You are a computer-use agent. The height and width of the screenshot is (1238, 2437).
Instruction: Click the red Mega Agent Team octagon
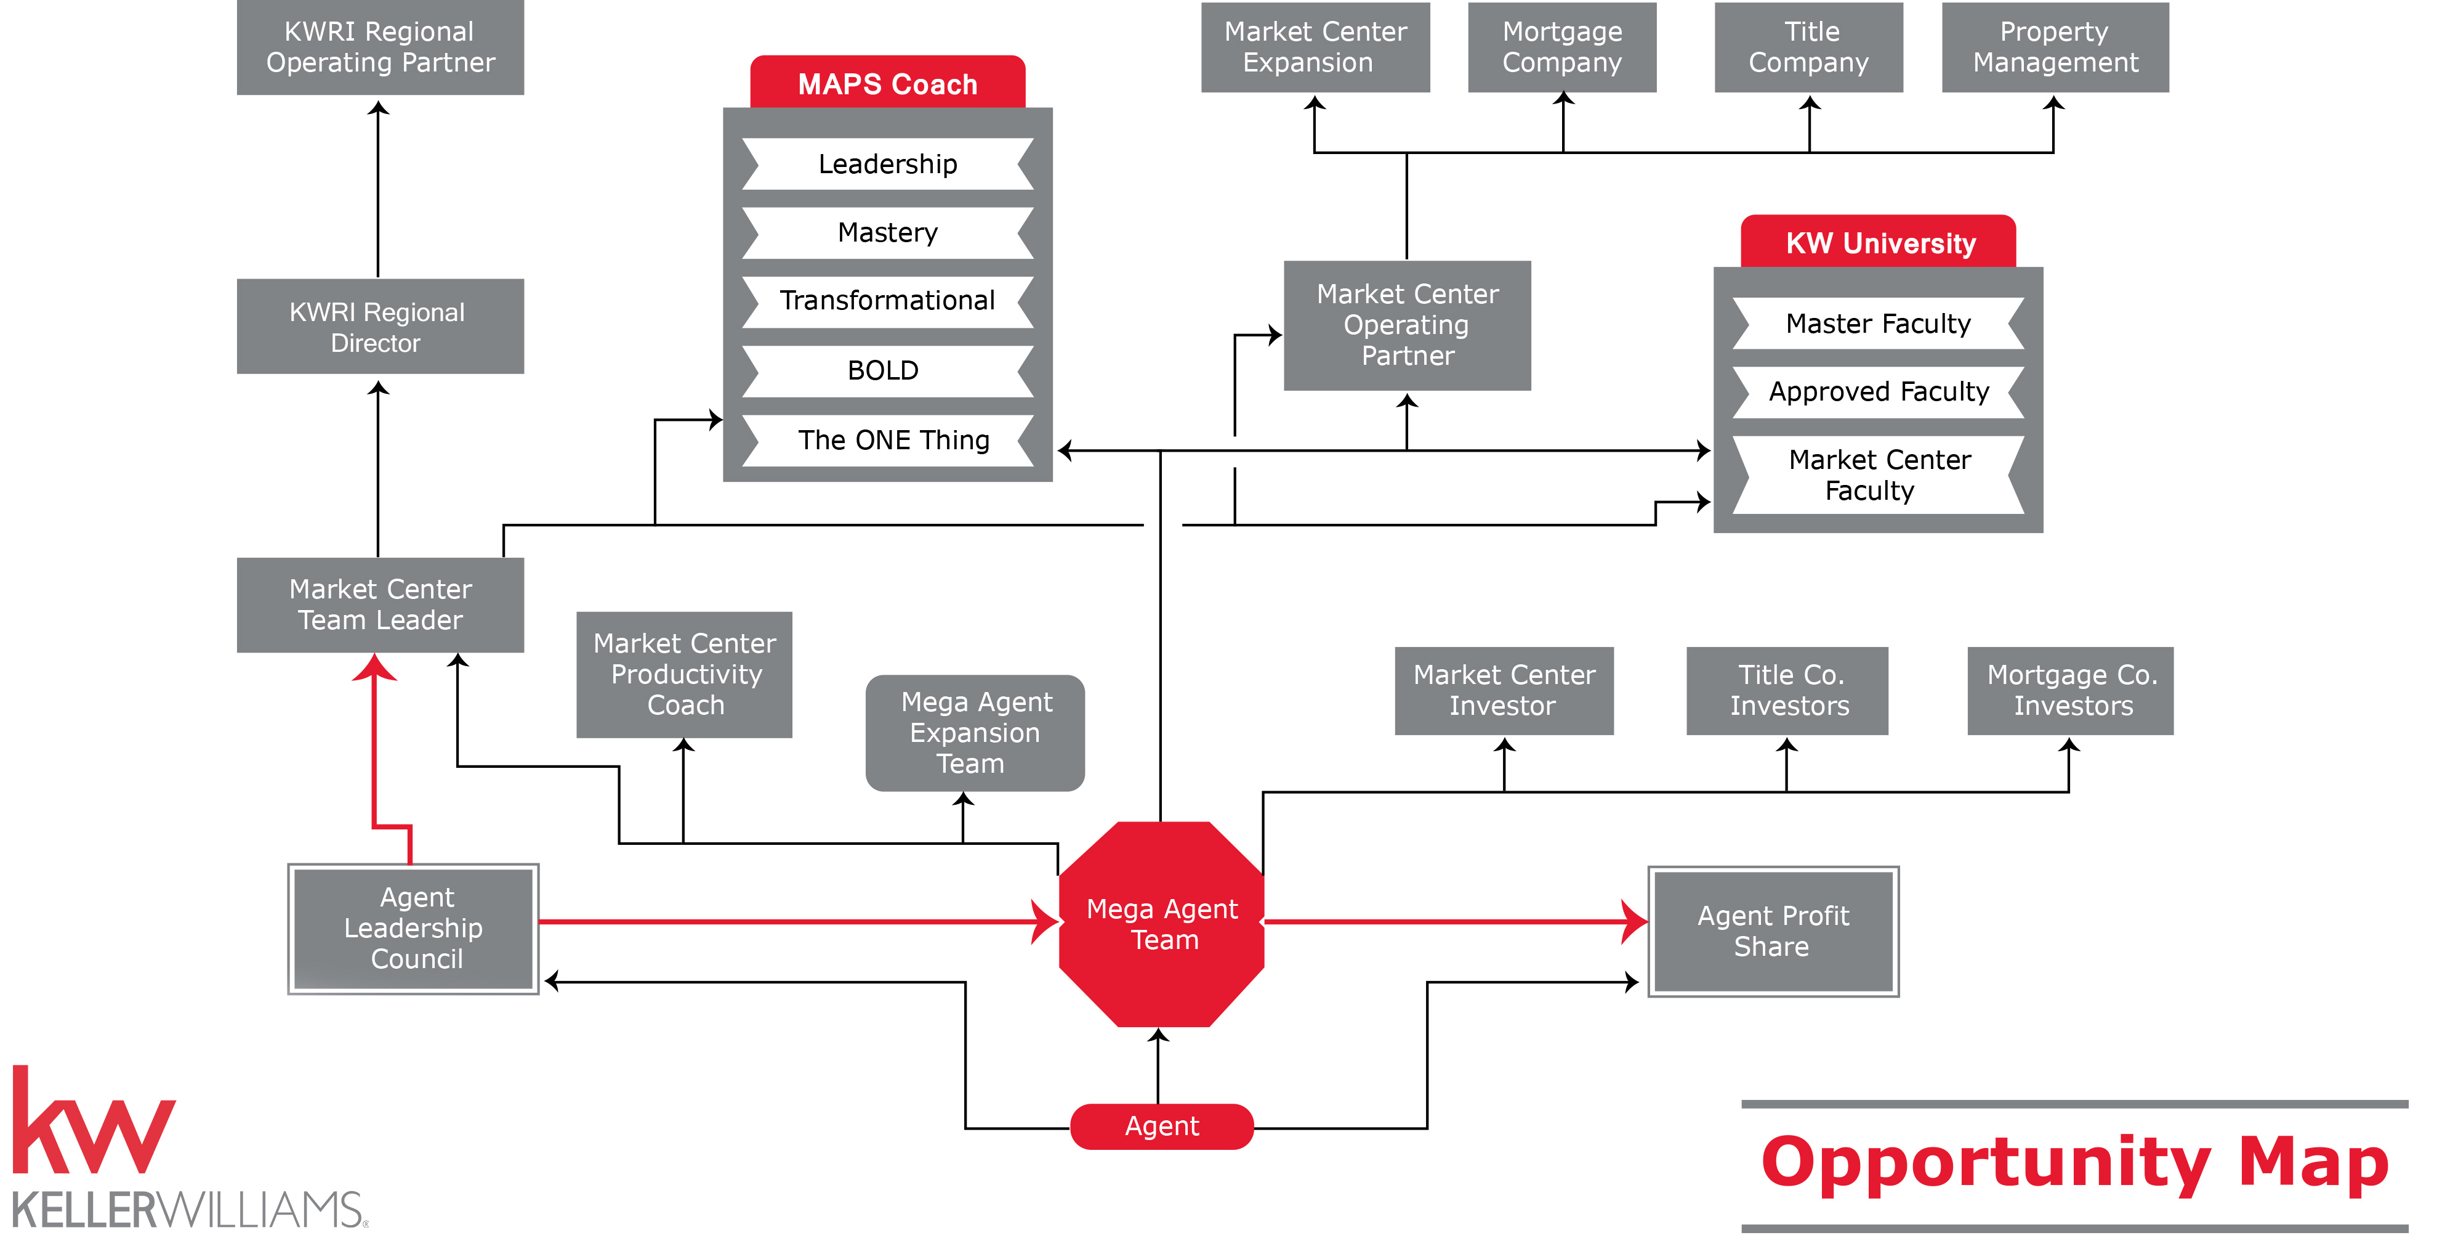[x=1162, y=924]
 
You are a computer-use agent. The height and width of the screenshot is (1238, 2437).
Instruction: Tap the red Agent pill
[x=1162, y=1126]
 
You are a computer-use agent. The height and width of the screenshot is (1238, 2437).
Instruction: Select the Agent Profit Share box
[x=1773, y=931]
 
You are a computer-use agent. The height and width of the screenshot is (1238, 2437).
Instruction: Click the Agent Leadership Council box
[x=413, y=929]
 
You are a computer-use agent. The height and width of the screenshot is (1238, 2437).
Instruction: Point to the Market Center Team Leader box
[x=381, y=605]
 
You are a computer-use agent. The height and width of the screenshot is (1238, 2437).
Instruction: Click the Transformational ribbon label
[x=887, y=301]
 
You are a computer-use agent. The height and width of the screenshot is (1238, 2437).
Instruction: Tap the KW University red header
[x=1879, y=243]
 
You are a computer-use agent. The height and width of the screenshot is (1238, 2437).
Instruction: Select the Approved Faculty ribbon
[x=1879, y=392]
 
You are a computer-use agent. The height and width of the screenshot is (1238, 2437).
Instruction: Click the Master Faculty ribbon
[x=1879, y=324]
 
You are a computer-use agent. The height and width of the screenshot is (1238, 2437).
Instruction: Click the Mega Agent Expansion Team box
[x=975, y=733]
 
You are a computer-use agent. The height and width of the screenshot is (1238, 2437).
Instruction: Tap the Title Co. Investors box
[x=1787, y=690]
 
